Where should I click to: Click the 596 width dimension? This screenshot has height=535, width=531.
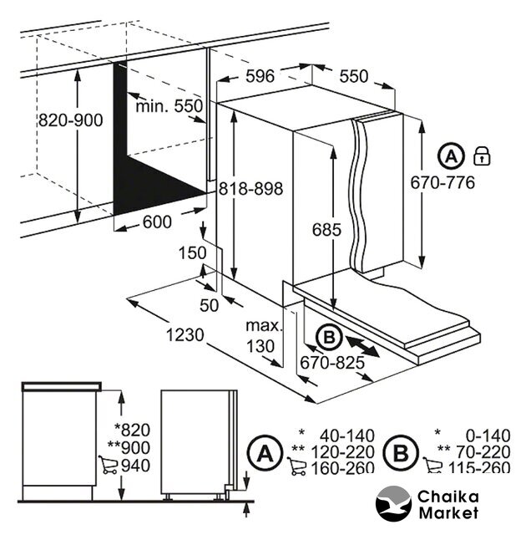(260, 76)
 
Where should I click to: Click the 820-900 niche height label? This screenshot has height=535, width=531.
(71, 120)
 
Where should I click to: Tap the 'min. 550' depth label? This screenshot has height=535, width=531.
(169, 106)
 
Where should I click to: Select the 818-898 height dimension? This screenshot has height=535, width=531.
(250, 188)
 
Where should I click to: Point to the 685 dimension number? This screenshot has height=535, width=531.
(326, 230)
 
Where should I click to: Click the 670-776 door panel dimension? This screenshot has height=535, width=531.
(442, 182)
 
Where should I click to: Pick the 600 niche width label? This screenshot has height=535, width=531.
(157, 222)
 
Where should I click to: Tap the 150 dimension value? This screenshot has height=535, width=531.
(193, 252)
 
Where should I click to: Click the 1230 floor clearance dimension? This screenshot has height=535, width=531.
(185, 334)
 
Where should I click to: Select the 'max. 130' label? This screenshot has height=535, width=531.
(264, 336)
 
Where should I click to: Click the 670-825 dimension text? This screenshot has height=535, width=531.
(332, 363)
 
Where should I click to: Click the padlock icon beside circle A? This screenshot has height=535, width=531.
(483, 156)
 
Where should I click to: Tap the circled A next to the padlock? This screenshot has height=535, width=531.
(451, 156)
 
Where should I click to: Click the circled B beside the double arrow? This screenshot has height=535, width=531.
(329, 338)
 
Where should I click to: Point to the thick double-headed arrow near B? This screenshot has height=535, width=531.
(362, 346)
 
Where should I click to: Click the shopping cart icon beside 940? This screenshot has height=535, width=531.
(108, 465)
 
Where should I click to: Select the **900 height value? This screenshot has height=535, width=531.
(129, 448)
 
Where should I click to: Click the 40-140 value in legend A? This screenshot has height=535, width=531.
(347, 436)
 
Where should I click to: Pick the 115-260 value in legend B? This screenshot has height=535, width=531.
(479, 467)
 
